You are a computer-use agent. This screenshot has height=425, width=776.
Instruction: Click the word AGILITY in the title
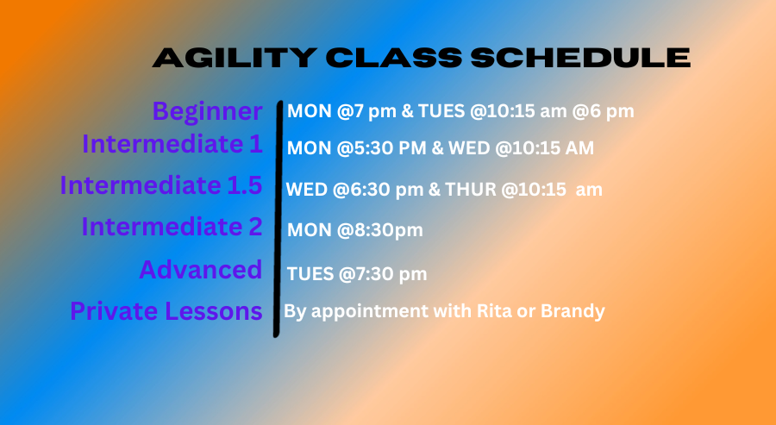pos(234,58)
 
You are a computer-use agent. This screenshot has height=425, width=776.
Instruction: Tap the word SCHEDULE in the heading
pos(580,58)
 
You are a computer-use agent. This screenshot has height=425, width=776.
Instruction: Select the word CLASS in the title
pos(393,58)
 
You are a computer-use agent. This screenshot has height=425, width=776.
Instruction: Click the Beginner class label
pos(207,111)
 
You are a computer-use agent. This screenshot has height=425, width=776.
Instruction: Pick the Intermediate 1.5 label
pos(161,185)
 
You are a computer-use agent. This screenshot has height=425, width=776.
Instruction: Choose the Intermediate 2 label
pos(172,226)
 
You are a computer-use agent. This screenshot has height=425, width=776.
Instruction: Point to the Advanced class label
pos(200,270)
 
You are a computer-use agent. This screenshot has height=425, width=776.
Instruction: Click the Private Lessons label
pos(166,311)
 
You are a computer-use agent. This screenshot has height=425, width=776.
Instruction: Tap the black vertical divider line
pos(278,219)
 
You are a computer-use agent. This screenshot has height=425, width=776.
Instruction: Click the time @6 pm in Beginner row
pos(604,111)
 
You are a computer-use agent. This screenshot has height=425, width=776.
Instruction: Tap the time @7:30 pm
pos(383,274)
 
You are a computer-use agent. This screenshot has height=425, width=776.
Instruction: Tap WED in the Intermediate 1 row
pos(469,148)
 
